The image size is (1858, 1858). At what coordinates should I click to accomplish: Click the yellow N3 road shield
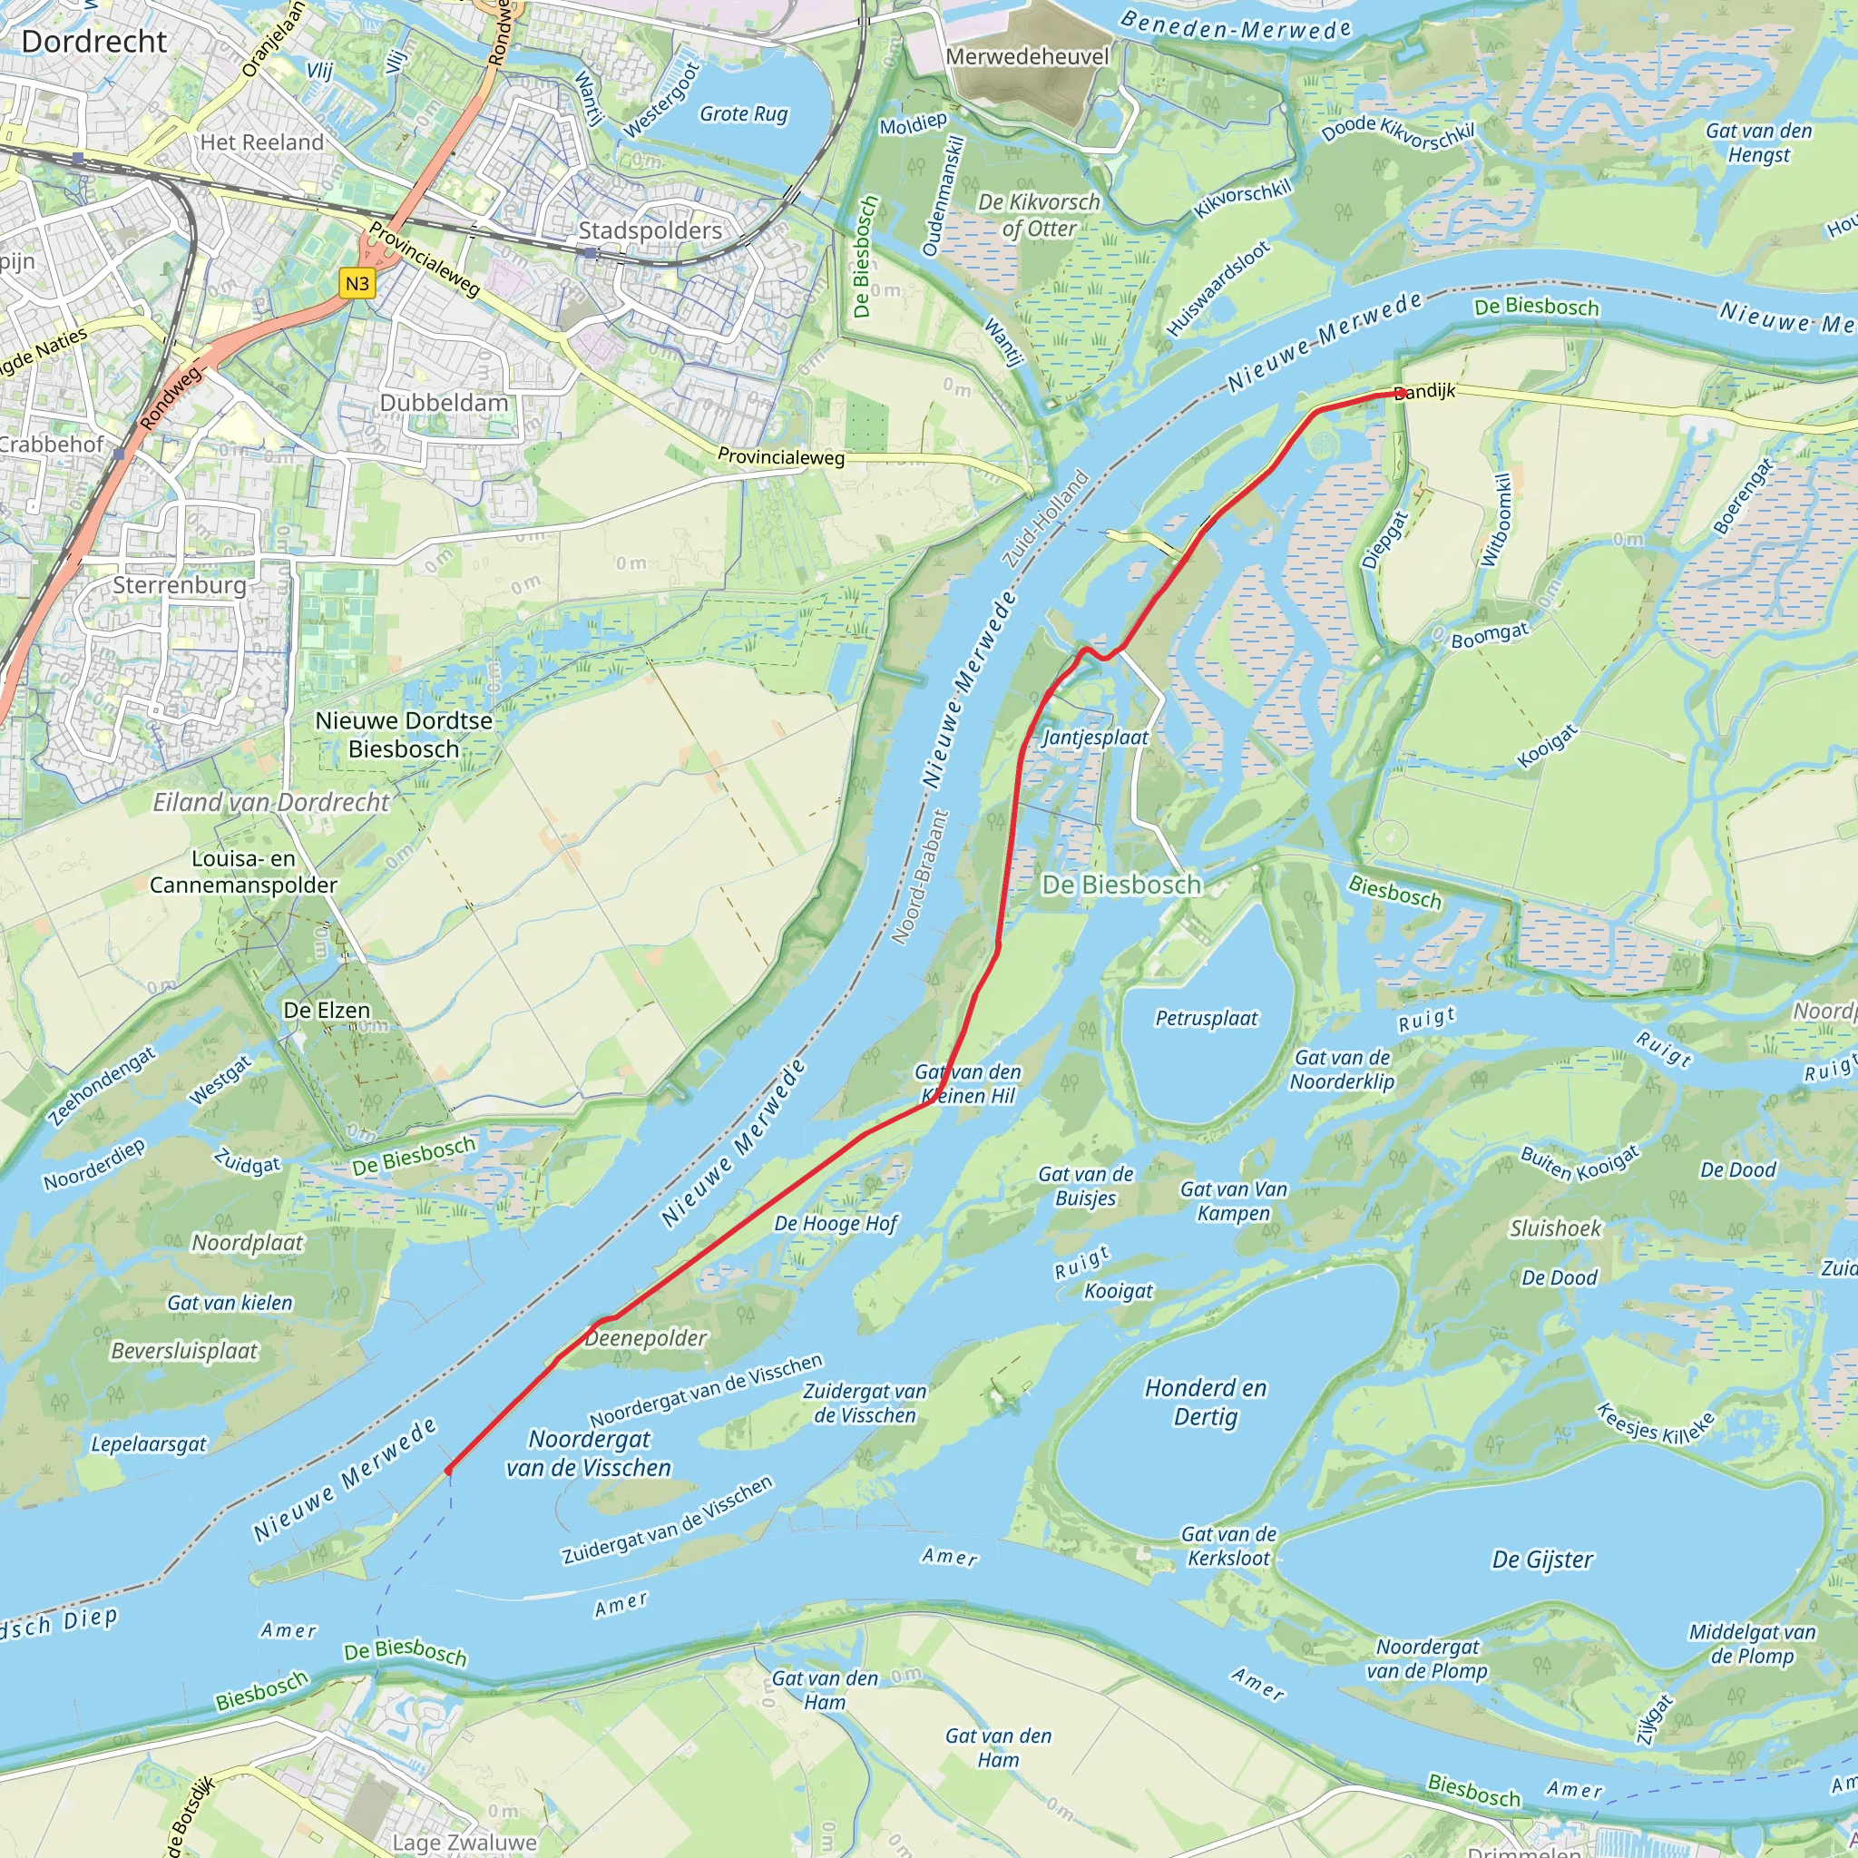point(357,284)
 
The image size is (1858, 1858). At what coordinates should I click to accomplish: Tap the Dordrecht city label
point(94,42)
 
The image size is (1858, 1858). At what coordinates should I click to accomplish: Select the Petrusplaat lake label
point(1206,1019)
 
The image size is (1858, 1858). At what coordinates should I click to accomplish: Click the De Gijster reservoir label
point(1542,1559)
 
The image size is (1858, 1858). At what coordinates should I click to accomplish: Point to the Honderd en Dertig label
point(1206,1403)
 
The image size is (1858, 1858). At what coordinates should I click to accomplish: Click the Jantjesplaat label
point(1095,738)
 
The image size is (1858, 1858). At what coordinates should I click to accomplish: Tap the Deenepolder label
point(646,1338)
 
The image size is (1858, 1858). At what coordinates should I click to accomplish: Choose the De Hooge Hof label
point(836,1223)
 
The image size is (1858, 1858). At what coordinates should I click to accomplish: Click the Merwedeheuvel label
point(1027,57)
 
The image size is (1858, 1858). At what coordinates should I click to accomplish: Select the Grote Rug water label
point(743,113)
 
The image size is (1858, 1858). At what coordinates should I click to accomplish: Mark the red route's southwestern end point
point(448,1470)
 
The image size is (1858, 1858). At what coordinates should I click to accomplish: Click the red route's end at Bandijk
point(1400,392)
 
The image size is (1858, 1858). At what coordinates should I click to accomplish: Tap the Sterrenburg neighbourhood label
point(180,585)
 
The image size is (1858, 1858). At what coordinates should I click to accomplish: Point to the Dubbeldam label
point(444,402)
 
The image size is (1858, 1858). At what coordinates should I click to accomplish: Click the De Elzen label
point(326,1010)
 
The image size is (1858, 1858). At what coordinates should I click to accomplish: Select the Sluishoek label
point(1555,1228)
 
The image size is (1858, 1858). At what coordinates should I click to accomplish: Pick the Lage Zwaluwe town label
point(464,1842)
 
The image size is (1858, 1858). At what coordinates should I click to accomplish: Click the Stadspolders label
point(650,230)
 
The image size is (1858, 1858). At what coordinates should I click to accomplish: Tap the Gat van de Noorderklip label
point(1342,1070)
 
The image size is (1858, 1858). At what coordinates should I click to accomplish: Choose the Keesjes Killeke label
point(1655,1423)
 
